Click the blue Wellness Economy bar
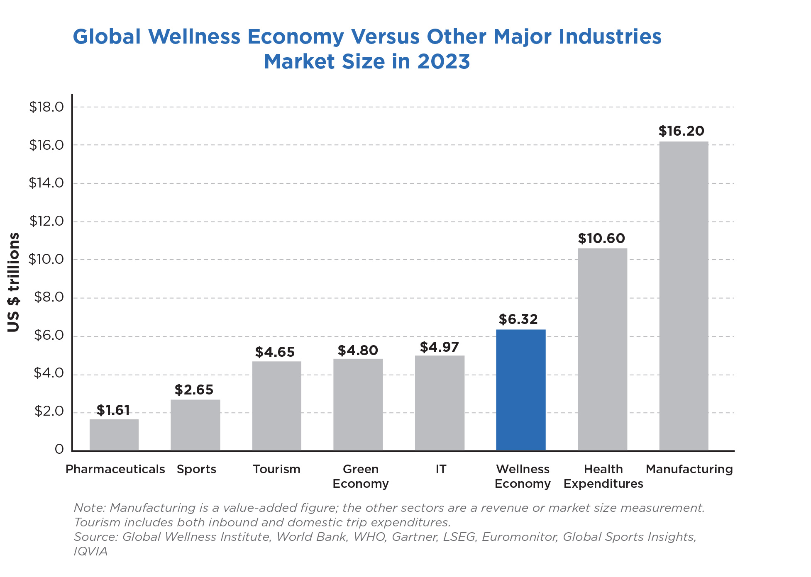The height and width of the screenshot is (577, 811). pyautogui.click(x=520, y=390)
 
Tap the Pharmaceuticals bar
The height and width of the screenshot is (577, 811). pyautogui.click(x=114, y=435)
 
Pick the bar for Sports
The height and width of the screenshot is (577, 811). pyautogui.click(x=195, y=425)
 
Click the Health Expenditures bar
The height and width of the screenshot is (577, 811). pyautogui.click(x=602, y=349)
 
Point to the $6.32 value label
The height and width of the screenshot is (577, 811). pyautogui.click(x=518, y=319)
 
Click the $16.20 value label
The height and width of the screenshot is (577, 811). pyautogui.click(x=681, y=131)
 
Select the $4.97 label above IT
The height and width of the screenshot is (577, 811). pyautogui.click(x=439, y=347)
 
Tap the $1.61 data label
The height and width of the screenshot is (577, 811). pyautogui.click(x=113, y=410)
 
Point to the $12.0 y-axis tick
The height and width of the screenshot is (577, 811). pyautogui.click(x=46, y=221)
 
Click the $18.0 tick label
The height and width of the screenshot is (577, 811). pyautogui.click(x=46, y=107)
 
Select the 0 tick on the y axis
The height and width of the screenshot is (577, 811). pyautogui.click(x=59, y=449)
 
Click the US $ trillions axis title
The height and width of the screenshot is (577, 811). pyautogui.click(x=14, y=282)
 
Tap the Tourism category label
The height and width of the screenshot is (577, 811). pyautogui.click(x=276, y=469)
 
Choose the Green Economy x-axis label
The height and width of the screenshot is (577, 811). pyautogui.click(x=360, y=476)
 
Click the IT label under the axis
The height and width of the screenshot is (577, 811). pyautogui.click(x=441, y=469)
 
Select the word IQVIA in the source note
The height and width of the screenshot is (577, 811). pyautogui.click(x=90, y=551)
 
